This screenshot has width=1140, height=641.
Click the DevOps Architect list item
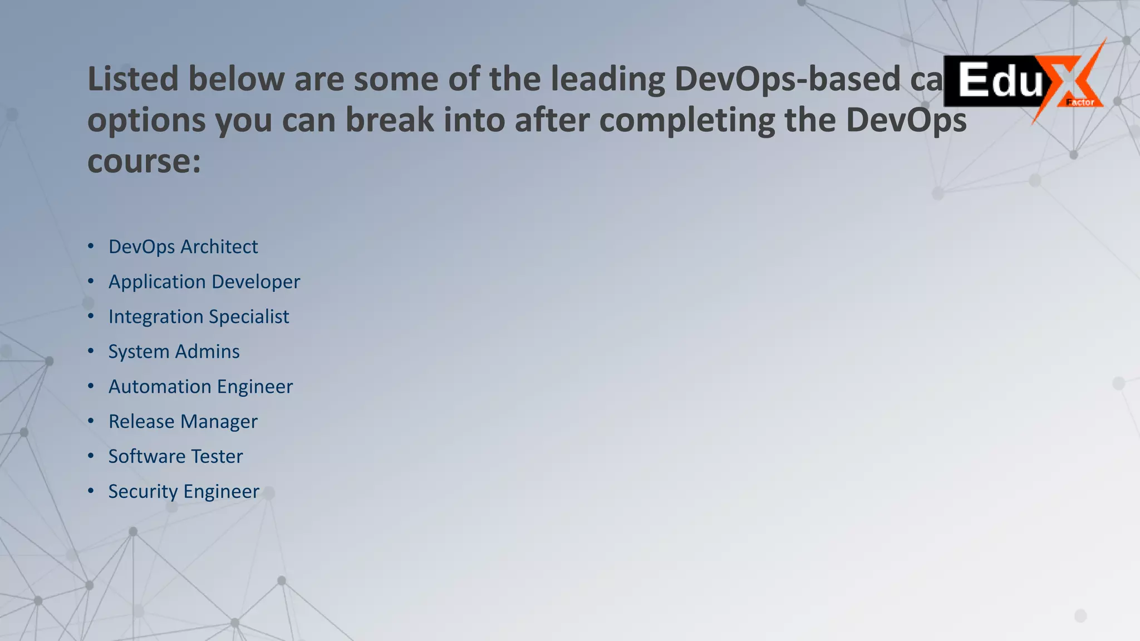coord(183,246)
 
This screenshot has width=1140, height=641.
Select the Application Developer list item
coord(204,282)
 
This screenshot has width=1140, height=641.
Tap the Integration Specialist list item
coord(198,317)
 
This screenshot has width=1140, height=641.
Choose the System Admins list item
coord(174,352)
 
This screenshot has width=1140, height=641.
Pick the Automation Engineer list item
coord(200,387)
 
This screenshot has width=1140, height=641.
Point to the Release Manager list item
coord(183,422)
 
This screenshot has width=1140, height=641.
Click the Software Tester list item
coord(175,457)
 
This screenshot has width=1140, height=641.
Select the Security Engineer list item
coord(184,492)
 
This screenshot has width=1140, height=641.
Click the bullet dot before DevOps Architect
coord(91,246)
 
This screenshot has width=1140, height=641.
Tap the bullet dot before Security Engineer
coord(91,491)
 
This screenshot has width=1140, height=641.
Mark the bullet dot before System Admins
coord(91,351)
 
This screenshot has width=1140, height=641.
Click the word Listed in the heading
coord(132,78)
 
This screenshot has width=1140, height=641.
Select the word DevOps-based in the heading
coord(787,78)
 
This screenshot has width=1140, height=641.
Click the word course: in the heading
coord(144,161)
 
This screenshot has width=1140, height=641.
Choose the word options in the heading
coord(146,121)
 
